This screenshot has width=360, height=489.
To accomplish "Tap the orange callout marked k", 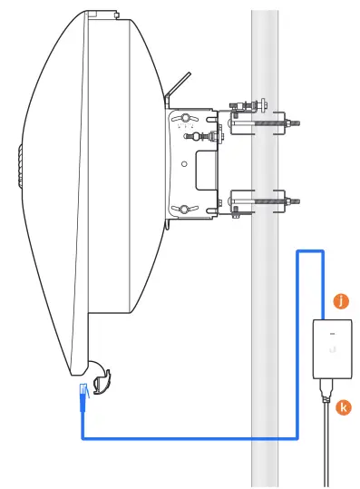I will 344,408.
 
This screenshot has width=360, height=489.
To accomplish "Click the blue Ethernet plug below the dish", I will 83,393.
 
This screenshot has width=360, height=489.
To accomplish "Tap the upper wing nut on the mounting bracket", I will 185,119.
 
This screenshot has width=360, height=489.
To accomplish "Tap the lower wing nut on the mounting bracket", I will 185,210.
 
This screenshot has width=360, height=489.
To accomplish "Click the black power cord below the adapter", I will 327,445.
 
